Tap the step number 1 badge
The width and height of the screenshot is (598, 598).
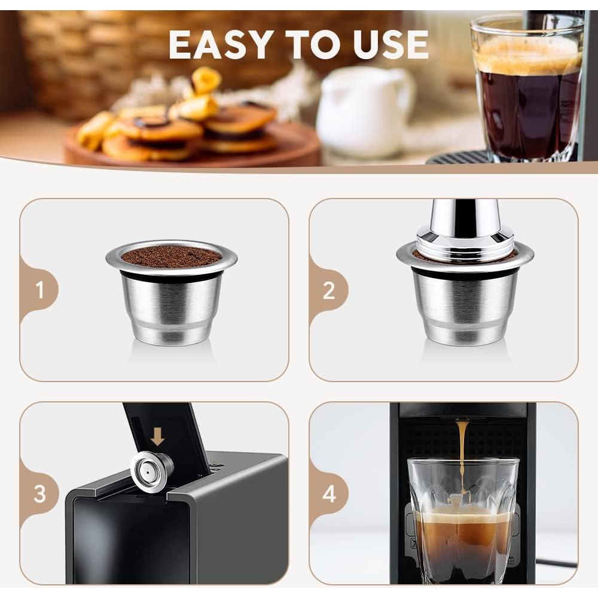click(x=39, y=290)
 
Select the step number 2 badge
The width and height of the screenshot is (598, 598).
click(x=328, y=290)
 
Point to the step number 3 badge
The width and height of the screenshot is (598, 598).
click(x=39, y=494)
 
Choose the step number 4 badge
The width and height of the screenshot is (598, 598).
click(x=328, y=494)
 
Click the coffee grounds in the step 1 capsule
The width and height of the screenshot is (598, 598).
click(x=171, y=256)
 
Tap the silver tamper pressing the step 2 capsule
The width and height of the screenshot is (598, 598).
click(x=465, y=224)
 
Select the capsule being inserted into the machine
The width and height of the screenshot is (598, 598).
click(x=152, y=471)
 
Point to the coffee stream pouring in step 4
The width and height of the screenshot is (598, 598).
click(x=462, y=454)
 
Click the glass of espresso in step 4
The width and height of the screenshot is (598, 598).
click(x=462, y=526)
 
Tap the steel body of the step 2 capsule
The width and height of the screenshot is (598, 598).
click(x=465, y=308)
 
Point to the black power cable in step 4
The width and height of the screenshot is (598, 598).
click(x=556, y=563)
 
